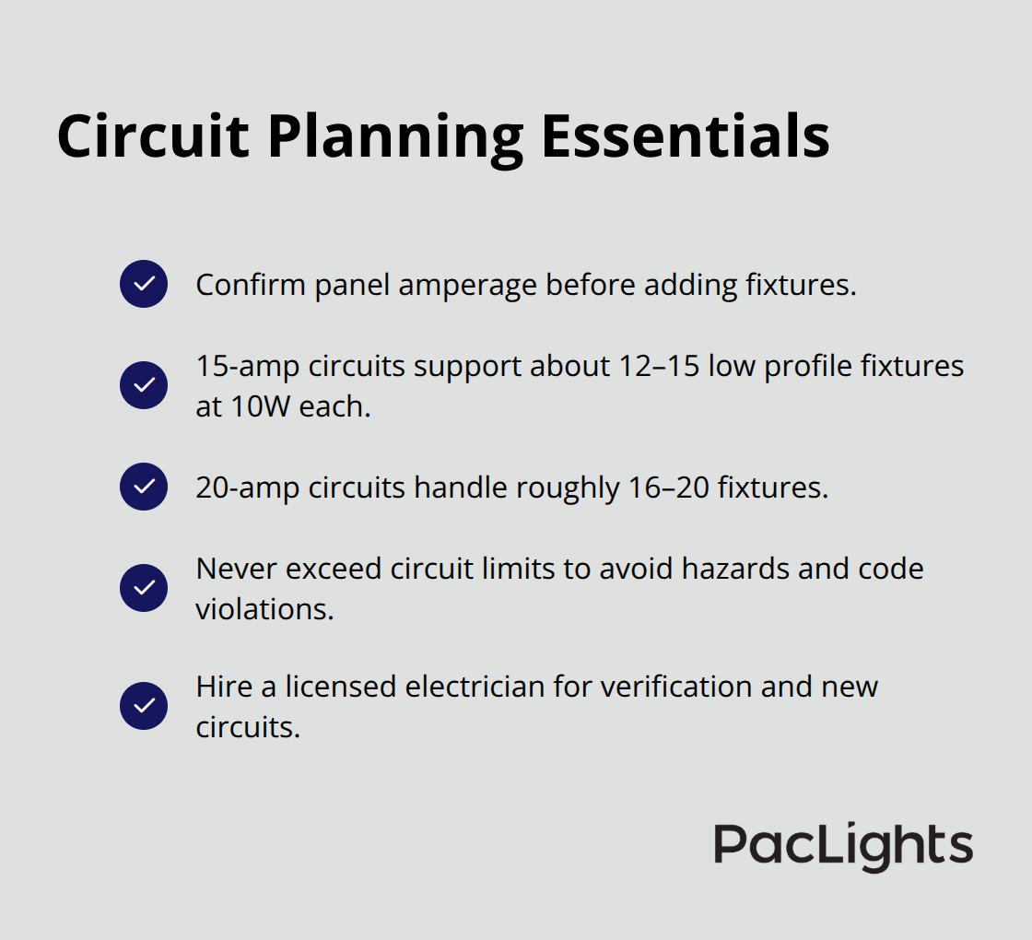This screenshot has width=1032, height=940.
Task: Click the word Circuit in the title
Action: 153,136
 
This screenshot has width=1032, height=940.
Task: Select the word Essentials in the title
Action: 686,136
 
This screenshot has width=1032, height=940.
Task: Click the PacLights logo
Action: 843,846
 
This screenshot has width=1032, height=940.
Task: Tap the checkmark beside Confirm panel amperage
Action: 144,284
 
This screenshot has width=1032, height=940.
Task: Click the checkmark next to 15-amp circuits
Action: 144,385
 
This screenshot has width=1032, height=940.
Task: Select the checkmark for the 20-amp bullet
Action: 144,487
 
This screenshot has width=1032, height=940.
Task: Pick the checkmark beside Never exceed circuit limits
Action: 144,588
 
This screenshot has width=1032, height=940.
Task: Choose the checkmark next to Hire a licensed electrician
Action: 144,706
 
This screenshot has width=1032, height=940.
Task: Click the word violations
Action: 264,610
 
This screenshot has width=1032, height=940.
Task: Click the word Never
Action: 236,570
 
